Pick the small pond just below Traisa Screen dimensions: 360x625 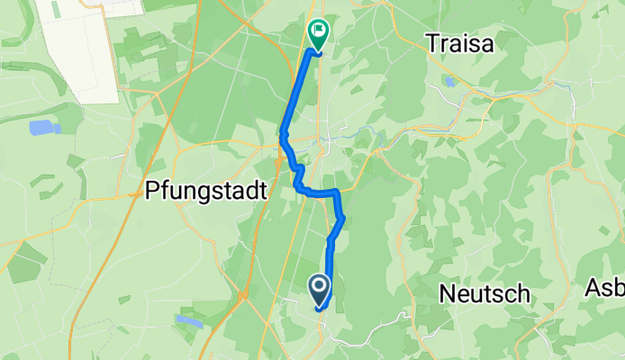coord(449,81)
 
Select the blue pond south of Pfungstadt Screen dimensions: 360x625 coord(189,319)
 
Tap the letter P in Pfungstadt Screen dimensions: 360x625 coord(152,191)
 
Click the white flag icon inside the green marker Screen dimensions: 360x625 coord(318,31)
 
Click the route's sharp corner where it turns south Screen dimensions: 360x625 coord(337,192)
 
